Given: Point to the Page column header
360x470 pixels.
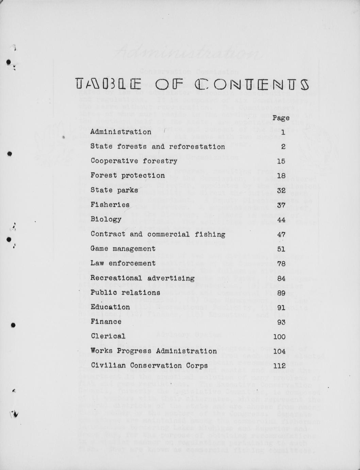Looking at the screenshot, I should click(x=281, y=118).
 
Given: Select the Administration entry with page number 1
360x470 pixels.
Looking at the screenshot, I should click(x=121, y=132).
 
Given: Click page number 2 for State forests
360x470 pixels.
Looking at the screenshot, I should click(x=283, y=146).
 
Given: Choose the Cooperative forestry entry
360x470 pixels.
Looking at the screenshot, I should click(x=134, y=161).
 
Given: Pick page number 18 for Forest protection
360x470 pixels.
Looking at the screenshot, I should click(x=281, y=176).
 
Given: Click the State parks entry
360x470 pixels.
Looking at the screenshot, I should click(x=114, y=190).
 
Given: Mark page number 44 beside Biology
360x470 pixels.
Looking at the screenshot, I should click(x=281, y=220).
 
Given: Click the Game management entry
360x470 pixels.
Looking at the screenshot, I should click(x=123, y=249).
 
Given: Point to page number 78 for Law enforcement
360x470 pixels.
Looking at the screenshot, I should click(x=281, y=264).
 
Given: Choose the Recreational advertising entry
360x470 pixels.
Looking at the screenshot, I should click(x=142, y=278).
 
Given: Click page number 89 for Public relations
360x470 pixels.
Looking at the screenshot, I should click(x=281, y=293).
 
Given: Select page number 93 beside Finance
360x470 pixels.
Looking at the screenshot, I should click(x=281, y=322).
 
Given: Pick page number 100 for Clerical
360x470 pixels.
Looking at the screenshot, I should click(x=279, y=337).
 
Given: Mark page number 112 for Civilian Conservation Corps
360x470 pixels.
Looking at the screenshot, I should click(x=279, y=366).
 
